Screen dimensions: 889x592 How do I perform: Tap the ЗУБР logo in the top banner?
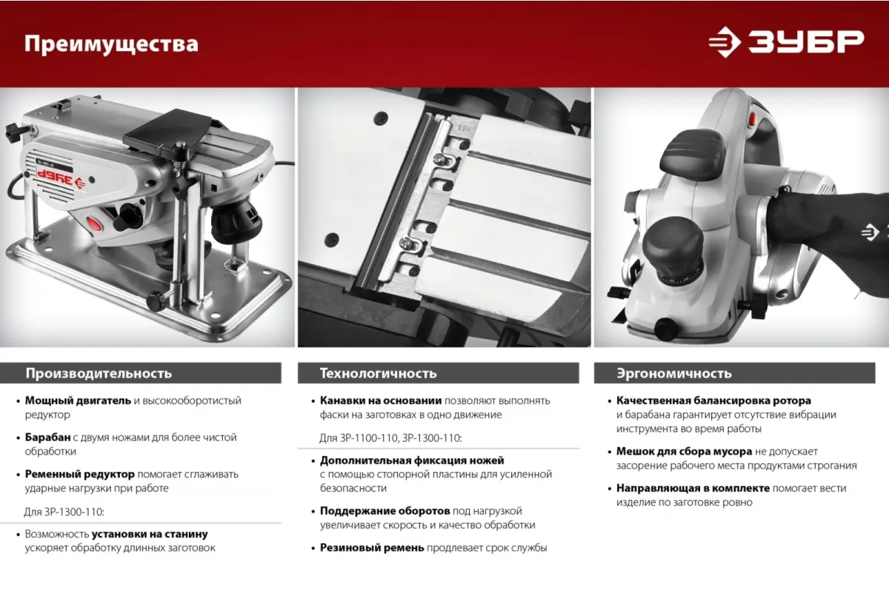coord(787,42)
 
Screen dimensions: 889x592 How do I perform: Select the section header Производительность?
coord(99,374)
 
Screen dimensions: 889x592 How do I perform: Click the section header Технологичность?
coord(379,374)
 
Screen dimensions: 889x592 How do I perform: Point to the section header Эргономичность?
coord(674,374)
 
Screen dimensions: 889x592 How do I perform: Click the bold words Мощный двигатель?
coord(78,400)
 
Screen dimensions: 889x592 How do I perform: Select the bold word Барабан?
coord(47,437)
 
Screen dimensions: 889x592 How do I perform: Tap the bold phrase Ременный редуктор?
coord(80,474)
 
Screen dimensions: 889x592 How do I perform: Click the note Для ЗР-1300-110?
coord(64,512)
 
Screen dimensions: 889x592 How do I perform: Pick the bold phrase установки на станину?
coord(150,534)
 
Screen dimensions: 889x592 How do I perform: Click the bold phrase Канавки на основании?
coord(381,400)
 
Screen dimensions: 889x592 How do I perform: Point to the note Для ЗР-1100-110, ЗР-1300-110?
coord(390,438)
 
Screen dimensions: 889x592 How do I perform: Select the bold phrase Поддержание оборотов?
coord(385,511)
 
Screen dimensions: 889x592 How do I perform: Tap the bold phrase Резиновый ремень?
coord(372,548)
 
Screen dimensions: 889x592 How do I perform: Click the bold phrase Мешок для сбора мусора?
coord(684,451)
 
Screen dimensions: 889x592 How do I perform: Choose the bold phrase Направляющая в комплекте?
coord(693,488)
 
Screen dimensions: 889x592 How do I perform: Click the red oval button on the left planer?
coord(94,223)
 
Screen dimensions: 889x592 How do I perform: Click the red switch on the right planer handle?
coord(753,119)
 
